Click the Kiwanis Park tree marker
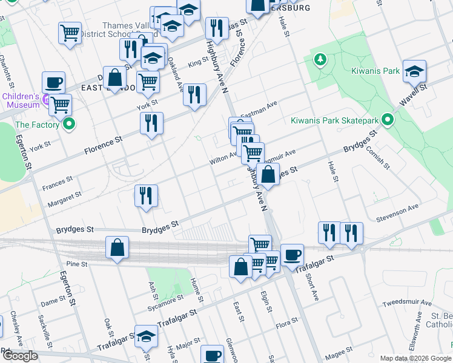[x=320, y=60]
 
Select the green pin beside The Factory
[x=69, y=125]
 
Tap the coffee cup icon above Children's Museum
[x=53, y=82]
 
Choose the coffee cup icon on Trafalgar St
[x=293, y=255]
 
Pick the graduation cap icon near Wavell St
[x=414, y=71]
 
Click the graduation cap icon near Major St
[x=145, y=337]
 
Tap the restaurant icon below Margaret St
[x=146, y=196]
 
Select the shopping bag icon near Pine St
[x=117, y=247]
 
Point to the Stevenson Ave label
[x=397, y=208]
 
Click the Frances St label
[x=58, y=180]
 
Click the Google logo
[x=19, y=356]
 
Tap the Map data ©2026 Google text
[x=415, y=358]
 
